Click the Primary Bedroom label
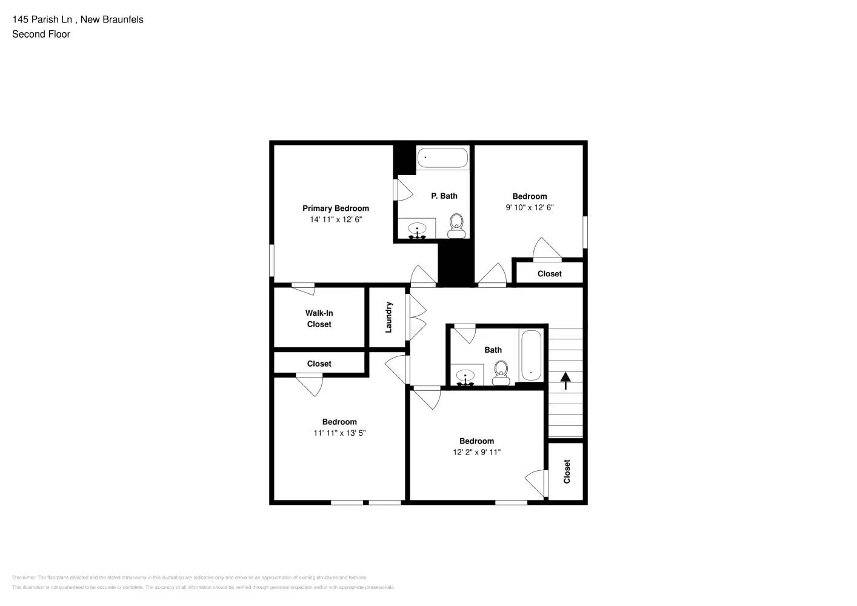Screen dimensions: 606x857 (335, 208)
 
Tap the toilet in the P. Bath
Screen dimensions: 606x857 (456, 225)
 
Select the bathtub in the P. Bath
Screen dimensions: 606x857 (442, 158)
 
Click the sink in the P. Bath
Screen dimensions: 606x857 (417, 230)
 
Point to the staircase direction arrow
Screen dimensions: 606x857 (565, 381)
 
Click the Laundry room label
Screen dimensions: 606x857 (388, 317)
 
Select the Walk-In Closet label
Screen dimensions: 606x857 (319, 319)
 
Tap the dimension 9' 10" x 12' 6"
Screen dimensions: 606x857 (529, 207)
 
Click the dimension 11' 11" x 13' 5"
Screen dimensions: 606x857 (339, 433)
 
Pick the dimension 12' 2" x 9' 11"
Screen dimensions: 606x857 (476, 452)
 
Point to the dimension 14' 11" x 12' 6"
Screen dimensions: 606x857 (335, 219)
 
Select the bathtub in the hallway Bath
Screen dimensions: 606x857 (531, 356)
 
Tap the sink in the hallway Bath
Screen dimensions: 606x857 (465, 376)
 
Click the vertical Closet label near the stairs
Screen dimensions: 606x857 (567, 471)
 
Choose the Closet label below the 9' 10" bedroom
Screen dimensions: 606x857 (549, 274)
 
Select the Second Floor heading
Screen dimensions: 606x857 (41, 35)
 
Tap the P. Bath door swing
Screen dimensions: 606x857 (403, 190)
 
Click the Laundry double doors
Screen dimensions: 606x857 (417, 317)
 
